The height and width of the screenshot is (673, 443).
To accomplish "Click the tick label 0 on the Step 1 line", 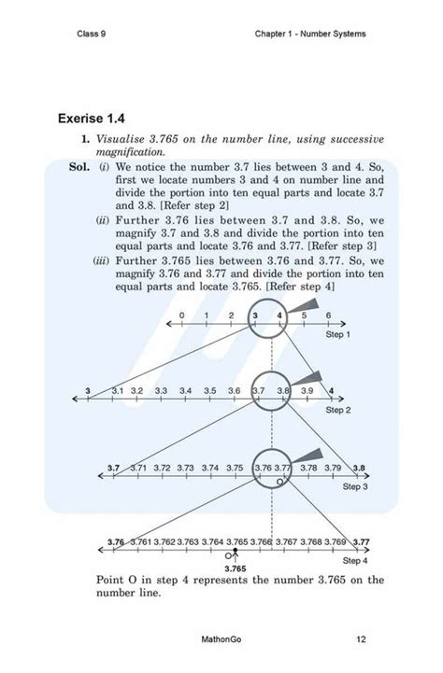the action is pos(181,315).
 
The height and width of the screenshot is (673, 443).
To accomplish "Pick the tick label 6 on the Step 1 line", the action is pos(328,315).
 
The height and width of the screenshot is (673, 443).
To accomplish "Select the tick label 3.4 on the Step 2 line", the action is pos(186,390).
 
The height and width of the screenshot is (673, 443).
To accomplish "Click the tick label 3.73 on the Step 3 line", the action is pos(187,467).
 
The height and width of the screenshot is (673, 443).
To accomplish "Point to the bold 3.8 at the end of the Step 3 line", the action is pos(359,467).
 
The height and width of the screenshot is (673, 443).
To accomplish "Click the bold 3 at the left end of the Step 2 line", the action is pos(87,390).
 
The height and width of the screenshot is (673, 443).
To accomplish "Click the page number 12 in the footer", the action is pos(361,640).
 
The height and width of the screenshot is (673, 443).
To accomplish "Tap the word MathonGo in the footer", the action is pos(221,640).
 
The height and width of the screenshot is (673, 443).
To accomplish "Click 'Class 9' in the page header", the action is pos(93,35).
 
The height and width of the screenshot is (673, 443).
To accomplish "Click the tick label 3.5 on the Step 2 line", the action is pos(210,390).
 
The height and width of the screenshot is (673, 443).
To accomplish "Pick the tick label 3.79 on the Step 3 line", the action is pos(333,467).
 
